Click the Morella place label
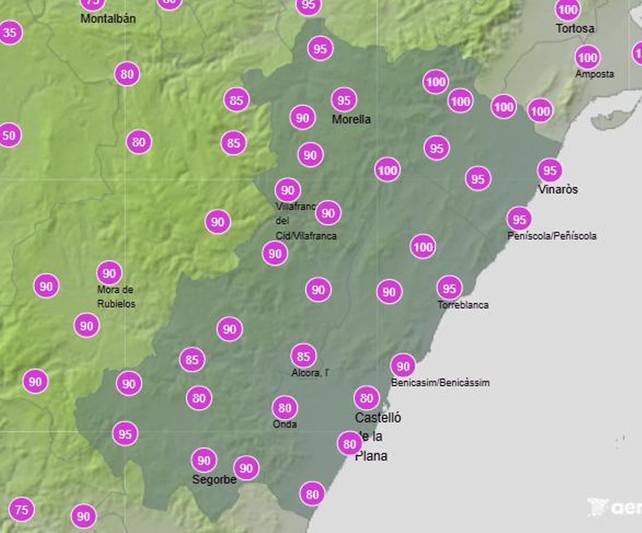click(351, 119)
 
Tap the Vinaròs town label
click(557, 189)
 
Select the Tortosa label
click(575, 28)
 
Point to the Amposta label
click(594, 74)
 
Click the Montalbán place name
click(108, 19)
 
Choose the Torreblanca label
click(463, 305)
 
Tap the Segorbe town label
click(214, 480)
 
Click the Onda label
click(284, 424)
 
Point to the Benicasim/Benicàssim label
click(440, 383)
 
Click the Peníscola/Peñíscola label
click(552, 236)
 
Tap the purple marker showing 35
click(10, 33)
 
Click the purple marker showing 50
click(9, 135)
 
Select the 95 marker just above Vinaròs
click(550, 171)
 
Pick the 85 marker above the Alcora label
click(303, 356)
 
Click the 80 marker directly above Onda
click(285, 408)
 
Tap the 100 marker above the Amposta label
click(587, 57)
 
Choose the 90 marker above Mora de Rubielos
click(109, 274)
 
